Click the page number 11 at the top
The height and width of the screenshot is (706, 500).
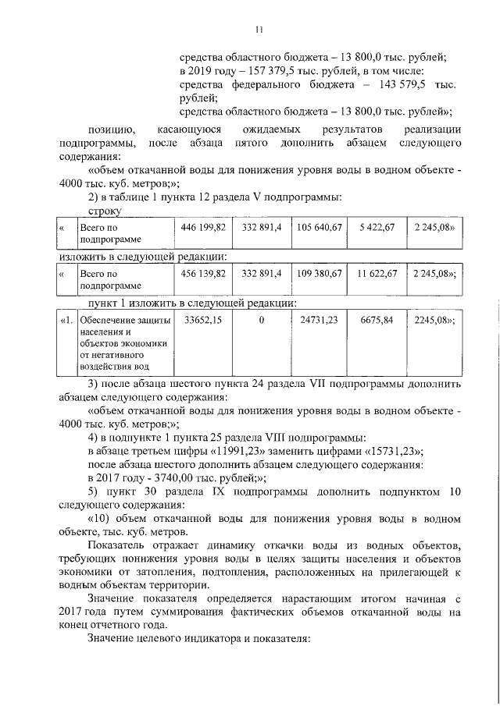click(259, 30)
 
